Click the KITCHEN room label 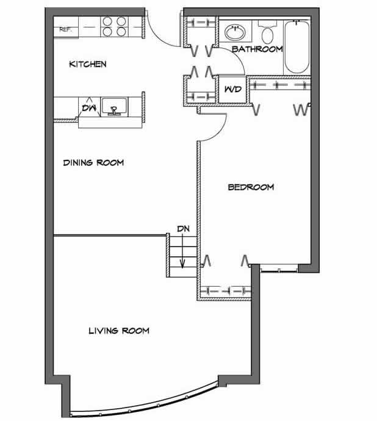pos(88,64)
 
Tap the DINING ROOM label pos(94,163)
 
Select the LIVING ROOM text pos(119,331)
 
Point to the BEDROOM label pos(251,187)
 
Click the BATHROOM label pos(257,49)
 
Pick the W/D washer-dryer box pos(232,89)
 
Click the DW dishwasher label pos(89,109)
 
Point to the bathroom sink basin pos(234,31)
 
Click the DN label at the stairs pos(183,229)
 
